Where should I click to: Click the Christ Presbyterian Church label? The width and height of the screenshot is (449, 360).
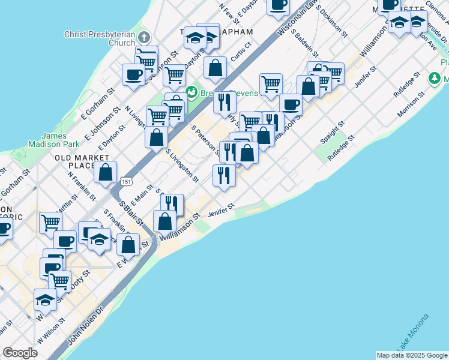(100, 38)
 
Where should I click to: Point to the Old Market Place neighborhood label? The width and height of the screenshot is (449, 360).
(74, 161)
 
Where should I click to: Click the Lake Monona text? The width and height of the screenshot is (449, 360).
(412, 332)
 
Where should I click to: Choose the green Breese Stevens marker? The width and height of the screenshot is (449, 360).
(191, 92)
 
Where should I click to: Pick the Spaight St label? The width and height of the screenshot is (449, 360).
(332, 132)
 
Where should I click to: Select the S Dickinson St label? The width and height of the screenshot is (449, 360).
(331, 22)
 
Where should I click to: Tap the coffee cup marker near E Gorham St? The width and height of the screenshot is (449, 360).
(133, 74)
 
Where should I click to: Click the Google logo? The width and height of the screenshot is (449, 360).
(20, 353)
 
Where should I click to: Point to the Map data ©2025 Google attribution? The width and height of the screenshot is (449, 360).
(411, 355)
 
